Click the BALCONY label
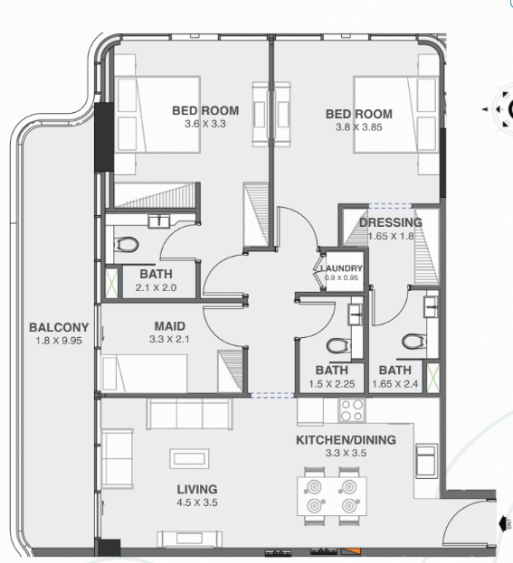coord(59,327)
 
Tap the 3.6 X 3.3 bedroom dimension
coord(205,124)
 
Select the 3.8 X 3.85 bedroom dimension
coord(359,127)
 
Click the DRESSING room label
coord(391,222)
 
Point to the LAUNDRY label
coord(341,268)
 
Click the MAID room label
coord(170,326)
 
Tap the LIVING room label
coord(197,490)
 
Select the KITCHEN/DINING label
coord(346,440)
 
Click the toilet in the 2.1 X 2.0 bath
coord(126,245)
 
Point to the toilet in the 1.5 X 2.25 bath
coord(338,346)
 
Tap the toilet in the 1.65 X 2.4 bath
coord(413,342)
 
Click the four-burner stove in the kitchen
coord(352,410)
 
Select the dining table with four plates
coord(332,496)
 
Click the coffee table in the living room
coord(189,458)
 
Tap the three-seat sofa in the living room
coord(189,413)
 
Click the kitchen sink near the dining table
coord(427,461)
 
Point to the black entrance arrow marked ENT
coord(505,523)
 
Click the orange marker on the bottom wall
coord(351,551)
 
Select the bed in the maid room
coord(144,373)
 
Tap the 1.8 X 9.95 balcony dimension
coord(59,341)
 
